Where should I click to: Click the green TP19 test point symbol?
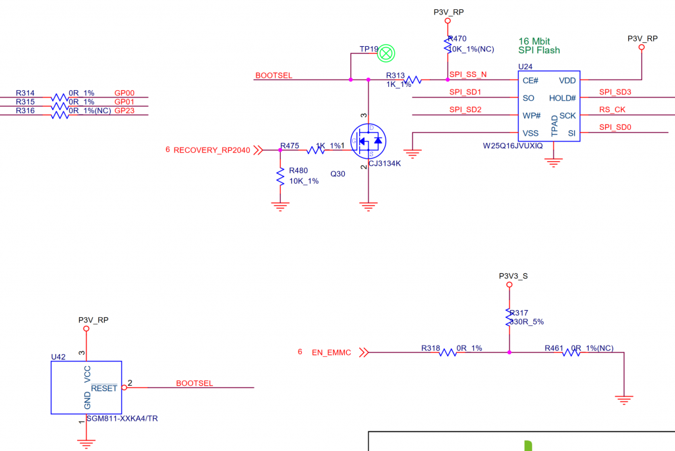click(x=388, y=52)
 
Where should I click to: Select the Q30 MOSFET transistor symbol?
click(x=368, y=140)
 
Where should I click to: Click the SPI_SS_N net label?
click(x=468, y=74)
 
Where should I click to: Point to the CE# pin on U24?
click(x=530, y=80)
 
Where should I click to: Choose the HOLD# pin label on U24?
click(x=562, y=98)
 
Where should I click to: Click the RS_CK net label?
click(x=612, y=109)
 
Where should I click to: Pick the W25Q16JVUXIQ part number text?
click(x=513, y=146)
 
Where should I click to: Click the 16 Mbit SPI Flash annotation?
click(x=539, y=45)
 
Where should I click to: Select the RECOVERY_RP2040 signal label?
click(x=212, y=150)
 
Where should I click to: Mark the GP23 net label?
click(x=124, y=111)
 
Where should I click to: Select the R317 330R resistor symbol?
click(x=510, y=318)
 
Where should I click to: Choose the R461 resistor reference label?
click(x=556, y=348)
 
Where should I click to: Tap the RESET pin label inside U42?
click(x=104, y=388)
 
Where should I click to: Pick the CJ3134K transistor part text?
click(x=384, y=163)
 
